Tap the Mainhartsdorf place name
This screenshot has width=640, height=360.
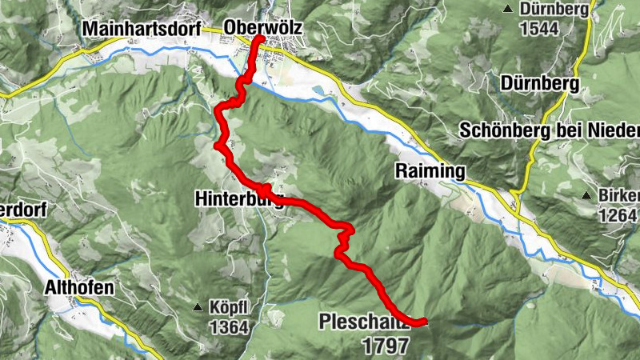[x=134, y=29]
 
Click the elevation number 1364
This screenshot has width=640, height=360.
[x=230, y=326]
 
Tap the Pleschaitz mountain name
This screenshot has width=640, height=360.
[x=364, y=322]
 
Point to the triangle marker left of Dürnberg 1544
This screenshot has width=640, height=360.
[x=507, y=10]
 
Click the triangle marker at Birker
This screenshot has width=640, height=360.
[x=589, y=195]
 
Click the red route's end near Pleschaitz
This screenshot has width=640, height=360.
[x=424, y=321]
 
